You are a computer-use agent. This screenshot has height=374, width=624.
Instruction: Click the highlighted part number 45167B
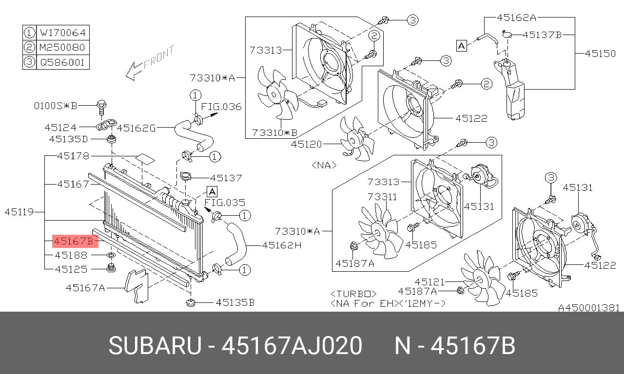tap(74, 241)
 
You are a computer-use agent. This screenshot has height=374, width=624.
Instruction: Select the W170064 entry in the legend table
tap(62, 33)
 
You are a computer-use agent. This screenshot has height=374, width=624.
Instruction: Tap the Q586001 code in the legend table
tap(62, 62)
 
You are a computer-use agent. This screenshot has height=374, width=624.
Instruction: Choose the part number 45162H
tap(281, 245)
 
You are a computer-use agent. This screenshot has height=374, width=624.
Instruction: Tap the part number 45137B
tap(542, 35)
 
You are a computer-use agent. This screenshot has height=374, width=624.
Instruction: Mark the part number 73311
tap(382, 197)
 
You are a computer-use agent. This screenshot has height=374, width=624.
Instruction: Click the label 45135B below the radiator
tap(235, 303)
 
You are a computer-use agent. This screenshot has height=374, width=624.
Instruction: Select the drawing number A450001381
tap(588, 308)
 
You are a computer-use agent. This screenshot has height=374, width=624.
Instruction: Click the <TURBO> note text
tap(353, 294)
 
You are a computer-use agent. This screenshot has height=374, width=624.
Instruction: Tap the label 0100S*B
tap(56, 105)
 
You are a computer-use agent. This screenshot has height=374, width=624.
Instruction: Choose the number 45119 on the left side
tap(19, 212)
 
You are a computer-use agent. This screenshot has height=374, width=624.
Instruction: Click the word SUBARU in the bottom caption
tap(155, 346)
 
